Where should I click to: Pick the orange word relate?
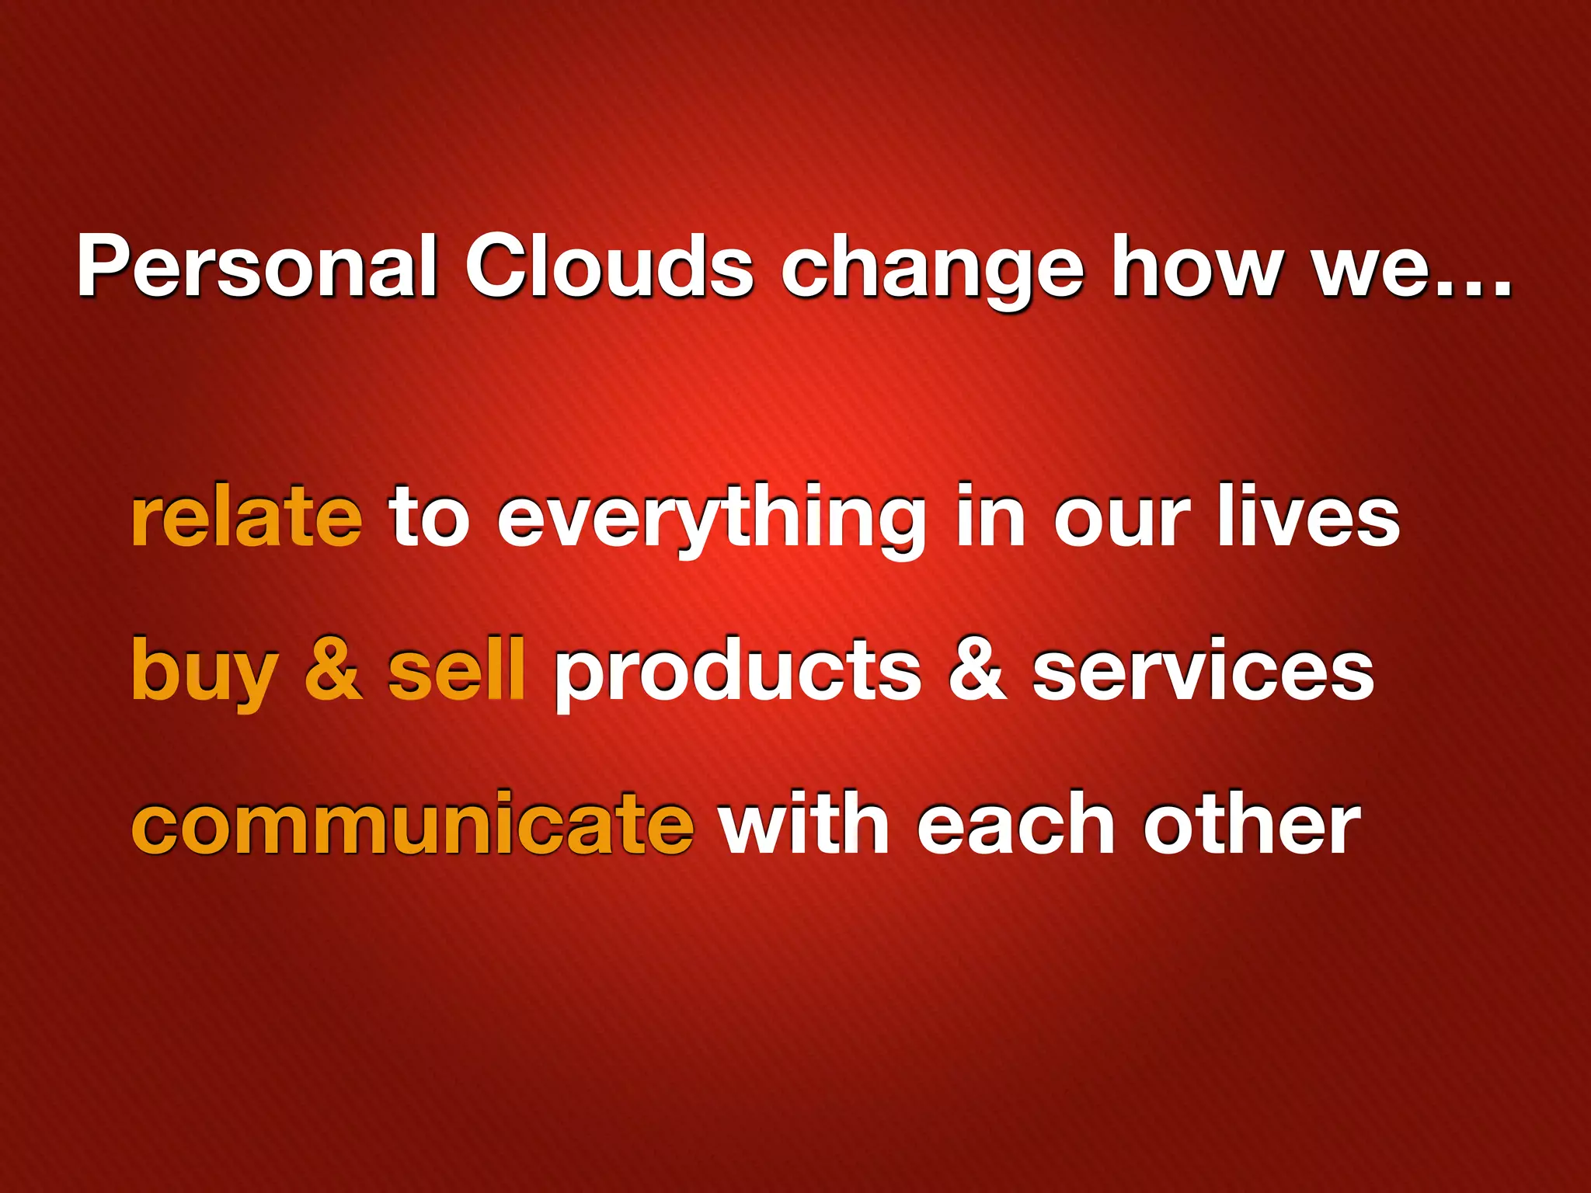point(246,516)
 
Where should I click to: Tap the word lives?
point(1308,516)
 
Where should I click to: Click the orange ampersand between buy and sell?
point(333,670)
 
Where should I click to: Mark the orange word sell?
point(457,670)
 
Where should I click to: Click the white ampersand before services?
point(977,670)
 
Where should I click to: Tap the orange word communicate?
point(413,823)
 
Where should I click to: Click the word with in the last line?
point(804,823)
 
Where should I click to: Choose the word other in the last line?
point(1252,823)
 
